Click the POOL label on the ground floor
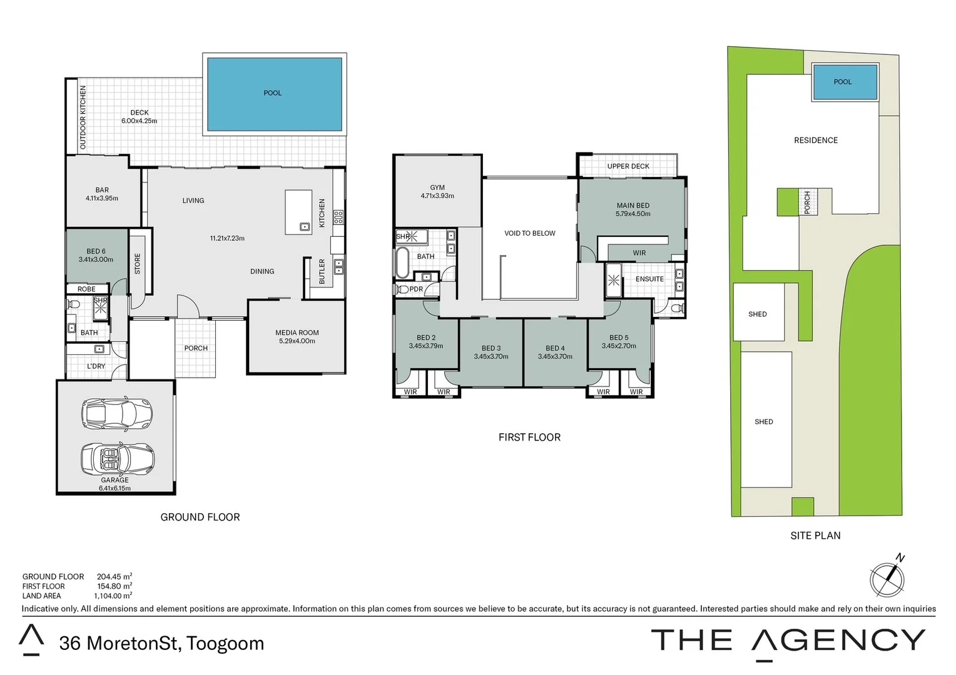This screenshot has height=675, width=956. point(272,93)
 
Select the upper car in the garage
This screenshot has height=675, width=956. point(117,413)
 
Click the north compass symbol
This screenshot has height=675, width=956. point(887,578)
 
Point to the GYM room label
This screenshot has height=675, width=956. point(437,187)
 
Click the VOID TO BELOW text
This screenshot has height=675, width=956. point(529,233)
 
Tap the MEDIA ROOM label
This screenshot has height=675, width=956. point(297,332)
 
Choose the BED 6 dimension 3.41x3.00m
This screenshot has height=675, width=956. point(96,259)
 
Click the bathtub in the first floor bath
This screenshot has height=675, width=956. point(402,263)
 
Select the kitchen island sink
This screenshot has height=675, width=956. point(305,226)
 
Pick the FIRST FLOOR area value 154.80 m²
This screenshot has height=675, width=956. point(114,586)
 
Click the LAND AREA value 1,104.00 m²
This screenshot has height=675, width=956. point(113,596)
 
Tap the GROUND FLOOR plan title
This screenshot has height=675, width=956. point(200,517)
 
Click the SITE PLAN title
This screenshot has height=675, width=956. point(815,536)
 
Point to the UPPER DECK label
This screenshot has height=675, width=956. point(628,166)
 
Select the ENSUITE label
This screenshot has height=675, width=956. point(649,279)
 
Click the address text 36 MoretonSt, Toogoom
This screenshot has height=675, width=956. point(161,643)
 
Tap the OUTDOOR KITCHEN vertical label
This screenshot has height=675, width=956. point(83,117)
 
